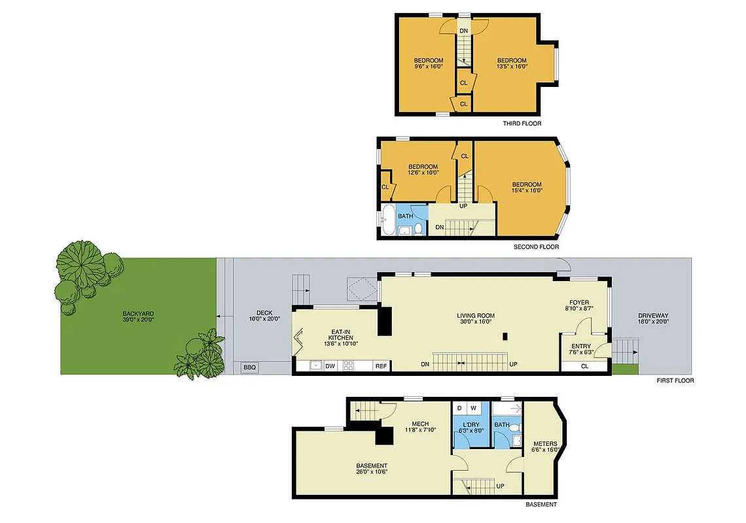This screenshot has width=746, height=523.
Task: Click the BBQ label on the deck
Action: tap(249, 367)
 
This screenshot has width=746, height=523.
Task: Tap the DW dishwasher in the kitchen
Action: tap(330, 367)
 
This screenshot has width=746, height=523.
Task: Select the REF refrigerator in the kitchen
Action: tap(380, 367)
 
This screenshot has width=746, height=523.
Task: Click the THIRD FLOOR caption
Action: tap(522, 124)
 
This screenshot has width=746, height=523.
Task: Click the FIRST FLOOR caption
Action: tap(675, 380)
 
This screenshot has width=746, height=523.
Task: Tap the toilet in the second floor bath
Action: tap(418, 228)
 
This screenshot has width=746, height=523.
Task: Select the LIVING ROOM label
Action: tap(476, 316)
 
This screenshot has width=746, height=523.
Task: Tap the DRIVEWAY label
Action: tap(653, 316)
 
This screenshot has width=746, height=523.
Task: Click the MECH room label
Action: tap(420, 423)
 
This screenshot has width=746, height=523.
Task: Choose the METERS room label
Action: tap(545, 444)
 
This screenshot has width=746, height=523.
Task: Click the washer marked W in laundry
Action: tap(473, 409)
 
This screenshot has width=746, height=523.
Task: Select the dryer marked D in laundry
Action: tap(459, 409)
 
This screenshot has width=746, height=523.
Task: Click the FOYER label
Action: tap(579, 303)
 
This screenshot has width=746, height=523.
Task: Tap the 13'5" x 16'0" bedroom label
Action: tap(512, 61)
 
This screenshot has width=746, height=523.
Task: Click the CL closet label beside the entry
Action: tap(584, 367)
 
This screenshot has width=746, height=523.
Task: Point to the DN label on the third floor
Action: tap(463, 31)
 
